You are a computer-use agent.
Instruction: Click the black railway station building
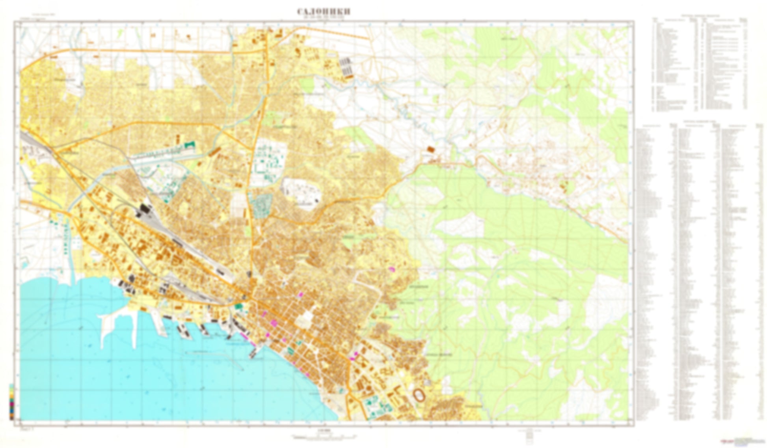click(x=144, y=210)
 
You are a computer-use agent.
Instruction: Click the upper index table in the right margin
click(x=700, y=63)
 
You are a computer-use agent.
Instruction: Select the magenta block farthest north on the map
click(x=391, y=269)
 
